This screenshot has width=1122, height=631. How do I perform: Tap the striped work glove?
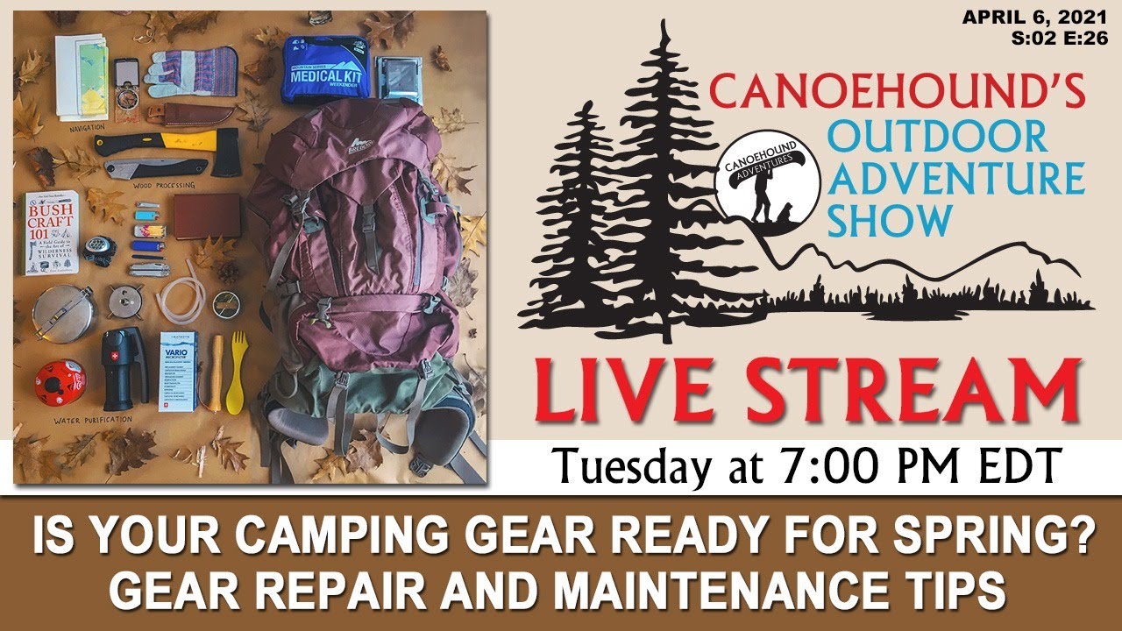pyautogui.click(x=188, y=74)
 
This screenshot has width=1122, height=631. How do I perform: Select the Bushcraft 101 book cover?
pyautogui.click(x=51, y=231)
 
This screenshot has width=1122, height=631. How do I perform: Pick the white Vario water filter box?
pyautogui.click(x=179, y=369)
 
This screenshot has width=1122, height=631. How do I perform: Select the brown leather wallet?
pyautogui.click(x=207, y=216)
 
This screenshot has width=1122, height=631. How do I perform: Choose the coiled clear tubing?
pyautogui.click(x=179, y=299)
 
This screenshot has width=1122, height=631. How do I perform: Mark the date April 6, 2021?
pyautogui.click(x=1034, y=17)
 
